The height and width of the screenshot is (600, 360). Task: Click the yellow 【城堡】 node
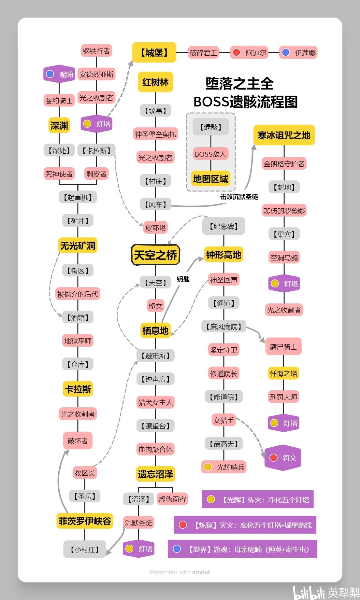click(154, 52)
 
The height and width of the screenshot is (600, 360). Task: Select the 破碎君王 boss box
click(203, 53)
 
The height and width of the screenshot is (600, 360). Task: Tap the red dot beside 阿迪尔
click(237, 52)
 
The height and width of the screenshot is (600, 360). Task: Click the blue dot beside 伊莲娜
click(286, 52)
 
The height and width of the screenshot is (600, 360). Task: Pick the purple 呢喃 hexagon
click(59, 74)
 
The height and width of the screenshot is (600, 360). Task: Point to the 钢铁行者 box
click(96, 51)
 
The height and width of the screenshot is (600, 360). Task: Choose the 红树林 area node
click(155, 82)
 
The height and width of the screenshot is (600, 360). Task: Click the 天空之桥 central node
click(155, 255)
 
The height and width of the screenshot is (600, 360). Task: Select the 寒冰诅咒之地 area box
click(284, 135)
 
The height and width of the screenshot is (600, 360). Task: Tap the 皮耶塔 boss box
click(155, 228)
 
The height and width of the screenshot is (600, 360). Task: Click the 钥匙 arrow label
click(183, 279)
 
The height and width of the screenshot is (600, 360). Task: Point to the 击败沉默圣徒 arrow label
click(239, 197)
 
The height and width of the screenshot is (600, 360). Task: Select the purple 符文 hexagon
click(283, 458)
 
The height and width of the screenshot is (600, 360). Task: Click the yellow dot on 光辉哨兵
click(208, 467)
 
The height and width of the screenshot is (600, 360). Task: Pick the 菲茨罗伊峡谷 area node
click(85, 521)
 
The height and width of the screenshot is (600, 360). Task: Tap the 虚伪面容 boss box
click(172, 499)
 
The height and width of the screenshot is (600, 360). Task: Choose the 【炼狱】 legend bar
click(245, 525)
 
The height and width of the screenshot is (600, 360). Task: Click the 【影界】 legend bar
click(242, 549)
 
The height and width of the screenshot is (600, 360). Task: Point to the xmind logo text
click(201, 572)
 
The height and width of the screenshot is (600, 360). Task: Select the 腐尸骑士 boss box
click(283, 347)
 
